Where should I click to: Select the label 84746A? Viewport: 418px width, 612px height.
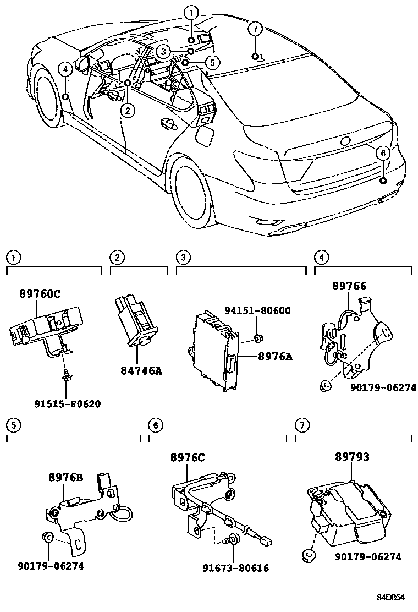coord(141,371)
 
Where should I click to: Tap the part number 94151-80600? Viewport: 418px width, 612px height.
coord(257,311)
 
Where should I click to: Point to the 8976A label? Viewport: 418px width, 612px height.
coord(274,356)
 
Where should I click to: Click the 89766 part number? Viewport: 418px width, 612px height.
coord(349,286)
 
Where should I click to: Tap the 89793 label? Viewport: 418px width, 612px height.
coord(351,457)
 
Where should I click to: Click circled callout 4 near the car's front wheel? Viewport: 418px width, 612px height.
coord(65,69)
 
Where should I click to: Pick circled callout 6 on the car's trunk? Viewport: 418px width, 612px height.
coord(383,153)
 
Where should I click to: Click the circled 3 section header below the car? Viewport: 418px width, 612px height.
coord(183,256)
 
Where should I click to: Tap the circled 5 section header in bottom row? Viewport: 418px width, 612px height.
coord(13,424)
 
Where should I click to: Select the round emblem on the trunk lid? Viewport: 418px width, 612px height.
coord(345,141)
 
